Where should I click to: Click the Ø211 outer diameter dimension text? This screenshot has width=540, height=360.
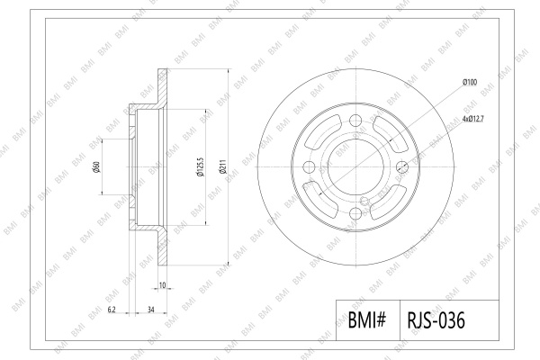pyautogui.click(x=223, y=167)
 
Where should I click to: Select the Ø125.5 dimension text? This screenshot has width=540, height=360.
pyautogui.click(x=200, y=167)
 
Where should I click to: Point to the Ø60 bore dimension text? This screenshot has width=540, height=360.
pyautogui.click(x=97, y=167)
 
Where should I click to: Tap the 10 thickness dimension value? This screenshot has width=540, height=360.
pyautogui.click(x=163, y=285)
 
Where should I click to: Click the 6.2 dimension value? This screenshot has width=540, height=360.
pyautogui.click(x=112, y=310)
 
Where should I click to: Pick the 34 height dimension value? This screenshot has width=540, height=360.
pyautogui.click(x=151, y=310)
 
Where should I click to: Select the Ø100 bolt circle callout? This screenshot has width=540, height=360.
pyautogui.click(x=470, y=82)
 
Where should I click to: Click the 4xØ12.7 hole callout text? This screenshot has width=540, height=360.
pyautogui.click(x=473, y=119)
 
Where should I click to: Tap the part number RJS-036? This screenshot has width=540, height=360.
pyautogui.click(x=436, y=320)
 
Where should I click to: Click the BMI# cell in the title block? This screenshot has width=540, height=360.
pyautogui.click(x=367, y=320)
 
